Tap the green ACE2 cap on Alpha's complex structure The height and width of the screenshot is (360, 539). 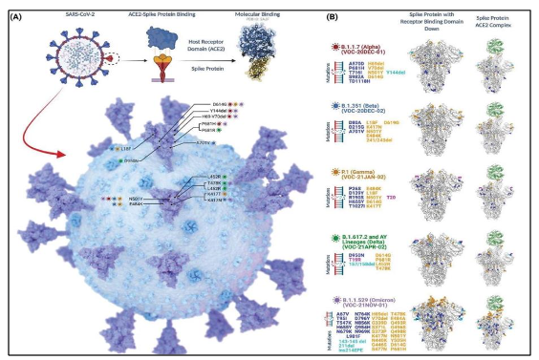498,40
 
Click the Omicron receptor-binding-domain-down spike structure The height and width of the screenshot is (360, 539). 444,320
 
